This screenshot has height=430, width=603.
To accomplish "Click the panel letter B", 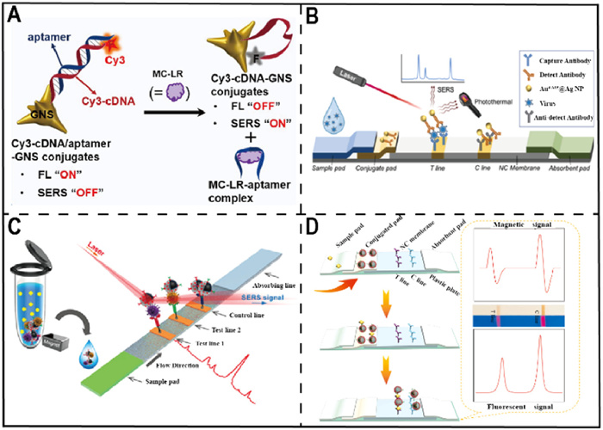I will (314, 15).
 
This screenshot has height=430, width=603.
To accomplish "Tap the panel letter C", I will (16, 230).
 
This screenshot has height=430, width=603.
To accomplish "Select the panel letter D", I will (314, 230).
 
